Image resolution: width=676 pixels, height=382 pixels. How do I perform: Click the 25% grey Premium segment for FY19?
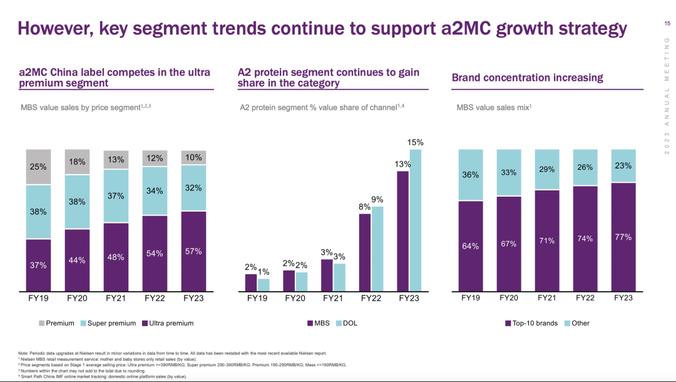[x=39, y=167]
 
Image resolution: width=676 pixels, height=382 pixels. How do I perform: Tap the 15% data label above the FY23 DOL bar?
[x=416, y=142]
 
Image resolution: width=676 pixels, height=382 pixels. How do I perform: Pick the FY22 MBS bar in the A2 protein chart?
[x=365, y=252]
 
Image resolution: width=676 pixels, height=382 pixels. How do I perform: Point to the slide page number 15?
[x=667, y=23]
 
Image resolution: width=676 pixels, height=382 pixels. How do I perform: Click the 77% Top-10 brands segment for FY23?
[x=623, y=237]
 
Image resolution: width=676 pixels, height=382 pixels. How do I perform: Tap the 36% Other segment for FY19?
[x=471, y=175]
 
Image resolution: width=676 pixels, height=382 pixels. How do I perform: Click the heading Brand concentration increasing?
[x=527, y=78]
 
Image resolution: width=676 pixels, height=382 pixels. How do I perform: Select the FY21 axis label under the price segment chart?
[x=116, y=298]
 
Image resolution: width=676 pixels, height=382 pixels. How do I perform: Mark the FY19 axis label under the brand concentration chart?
[x=471, y=298]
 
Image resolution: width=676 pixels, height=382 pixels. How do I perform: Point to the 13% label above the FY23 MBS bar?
[x=402, y=164]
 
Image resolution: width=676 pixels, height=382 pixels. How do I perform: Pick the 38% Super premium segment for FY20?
[x=77, y=202]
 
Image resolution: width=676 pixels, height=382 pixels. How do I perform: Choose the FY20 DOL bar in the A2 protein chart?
[x=302, y=282]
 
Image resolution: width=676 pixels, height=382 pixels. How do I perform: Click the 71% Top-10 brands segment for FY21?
[x=547, y=241]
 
